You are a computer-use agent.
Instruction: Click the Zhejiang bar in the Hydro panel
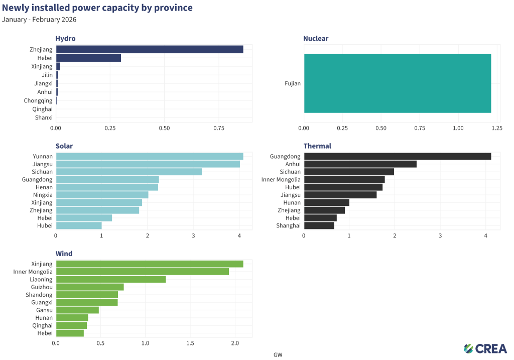tap(150, 49)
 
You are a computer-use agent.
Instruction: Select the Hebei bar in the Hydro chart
tap(88, 58)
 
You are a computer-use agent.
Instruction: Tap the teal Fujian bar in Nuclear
tap(398, 83)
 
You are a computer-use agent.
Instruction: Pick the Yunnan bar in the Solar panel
tap(150, 156)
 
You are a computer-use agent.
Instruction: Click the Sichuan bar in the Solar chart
tap(128, 172)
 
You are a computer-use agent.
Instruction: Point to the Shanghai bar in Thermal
tap(319, 225)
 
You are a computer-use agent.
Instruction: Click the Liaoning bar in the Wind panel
tap(111, 279)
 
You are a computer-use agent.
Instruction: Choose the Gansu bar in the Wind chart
tap(77, 310)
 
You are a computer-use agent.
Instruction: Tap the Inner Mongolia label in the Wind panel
tap(33, 272)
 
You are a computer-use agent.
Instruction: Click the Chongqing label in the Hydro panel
tap(38, 100)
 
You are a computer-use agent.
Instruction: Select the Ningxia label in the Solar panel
tap(42, 195)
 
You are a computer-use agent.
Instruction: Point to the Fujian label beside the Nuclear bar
tap(293, 83)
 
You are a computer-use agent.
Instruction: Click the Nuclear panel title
tap(316, 39)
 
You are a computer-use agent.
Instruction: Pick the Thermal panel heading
tap(317, 146)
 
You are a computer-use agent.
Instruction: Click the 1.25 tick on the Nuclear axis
tap(497, 129)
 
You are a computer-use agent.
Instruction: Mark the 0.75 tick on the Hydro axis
tap(219, 129)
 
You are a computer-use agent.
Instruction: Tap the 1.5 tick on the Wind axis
tap(190, 343)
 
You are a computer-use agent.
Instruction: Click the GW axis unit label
tap(278, 354)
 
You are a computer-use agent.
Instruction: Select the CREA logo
tap(485, 348)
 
